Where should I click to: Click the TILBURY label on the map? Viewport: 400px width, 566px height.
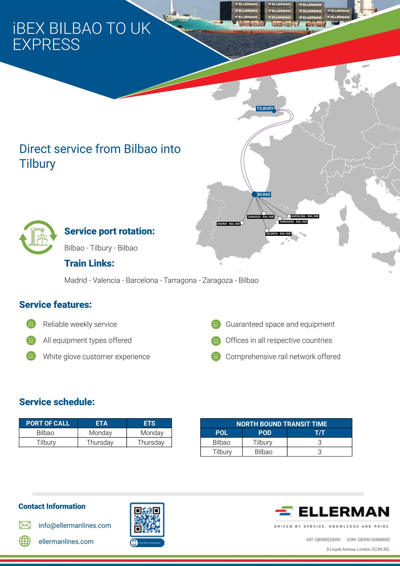point(264,109)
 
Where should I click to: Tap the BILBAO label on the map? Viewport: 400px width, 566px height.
point(264,195)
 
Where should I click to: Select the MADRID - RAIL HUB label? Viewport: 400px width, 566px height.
point(229,224)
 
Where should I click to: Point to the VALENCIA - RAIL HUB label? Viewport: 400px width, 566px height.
point(278,234)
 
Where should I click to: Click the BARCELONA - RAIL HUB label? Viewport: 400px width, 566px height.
point(305,216)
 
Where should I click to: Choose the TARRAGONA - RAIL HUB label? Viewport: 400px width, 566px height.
point(293,222)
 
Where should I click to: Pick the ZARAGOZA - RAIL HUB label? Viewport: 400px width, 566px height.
point(261,217)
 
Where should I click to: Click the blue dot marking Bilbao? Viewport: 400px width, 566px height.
point(255,195)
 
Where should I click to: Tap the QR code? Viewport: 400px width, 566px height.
point(147,520)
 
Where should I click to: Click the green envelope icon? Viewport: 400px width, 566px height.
point(25,525)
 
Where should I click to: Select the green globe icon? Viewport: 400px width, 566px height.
point(25,541)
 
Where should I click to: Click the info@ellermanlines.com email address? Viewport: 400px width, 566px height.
point(75,525)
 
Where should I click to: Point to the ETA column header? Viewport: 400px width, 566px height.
point(102,423)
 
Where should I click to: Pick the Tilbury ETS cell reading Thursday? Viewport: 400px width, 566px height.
point(151,442)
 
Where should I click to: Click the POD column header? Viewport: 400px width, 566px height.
point(265,433)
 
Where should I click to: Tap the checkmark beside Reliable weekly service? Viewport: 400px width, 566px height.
point(31,324)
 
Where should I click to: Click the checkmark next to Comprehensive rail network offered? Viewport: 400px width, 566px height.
point(216,357)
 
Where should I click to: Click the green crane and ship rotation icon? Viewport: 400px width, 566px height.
point(38,237)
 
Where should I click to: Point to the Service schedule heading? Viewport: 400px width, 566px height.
point(57,402)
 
